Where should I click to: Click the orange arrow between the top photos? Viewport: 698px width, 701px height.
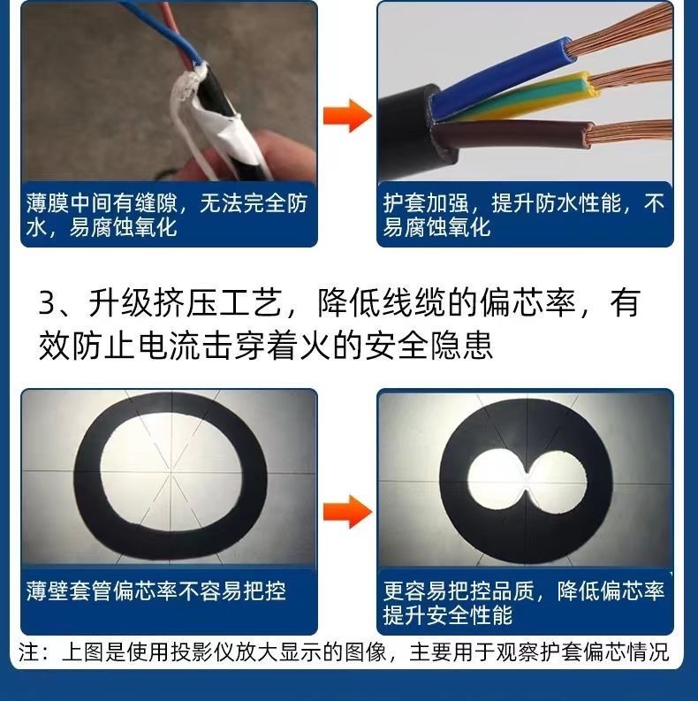point(347,116)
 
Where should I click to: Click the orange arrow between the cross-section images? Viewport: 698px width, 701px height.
point(347,512)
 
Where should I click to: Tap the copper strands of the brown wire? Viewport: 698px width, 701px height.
point(630,132)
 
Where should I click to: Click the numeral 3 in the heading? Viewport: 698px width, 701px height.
point(47,303)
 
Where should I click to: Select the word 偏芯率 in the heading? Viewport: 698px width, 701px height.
point(527,303)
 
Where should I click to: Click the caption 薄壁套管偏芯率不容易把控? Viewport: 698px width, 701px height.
point(156,591)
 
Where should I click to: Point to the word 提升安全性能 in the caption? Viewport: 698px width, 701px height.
point(448,614)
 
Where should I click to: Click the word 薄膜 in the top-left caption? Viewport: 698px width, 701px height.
point(47,203)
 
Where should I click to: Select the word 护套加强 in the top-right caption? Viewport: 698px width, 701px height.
point(426,203)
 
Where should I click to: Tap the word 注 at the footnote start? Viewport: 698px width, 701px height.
point(28,651)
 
